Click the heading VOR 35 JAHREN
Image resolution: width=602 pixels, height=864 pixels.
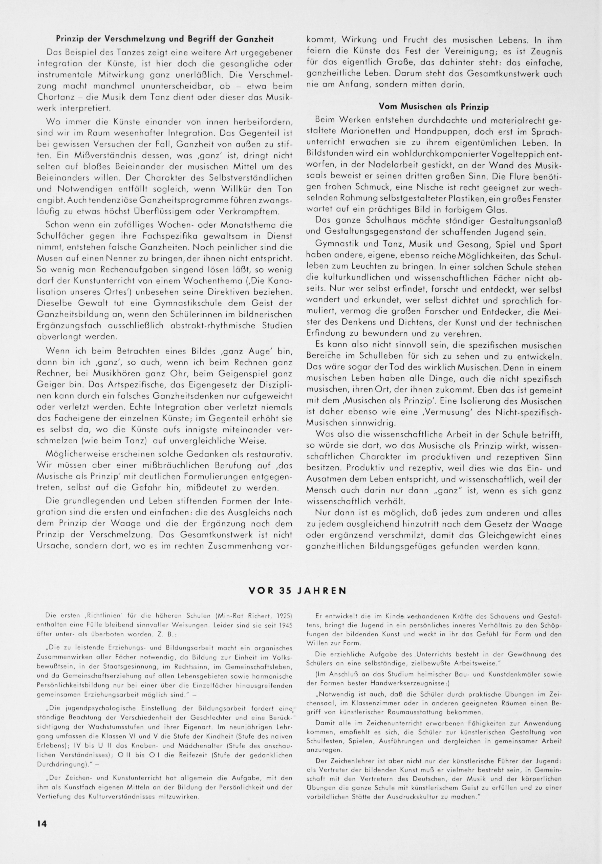[297, 590]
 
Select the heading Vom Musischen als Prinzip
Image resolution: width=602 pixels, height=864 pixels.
[434, 107]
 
